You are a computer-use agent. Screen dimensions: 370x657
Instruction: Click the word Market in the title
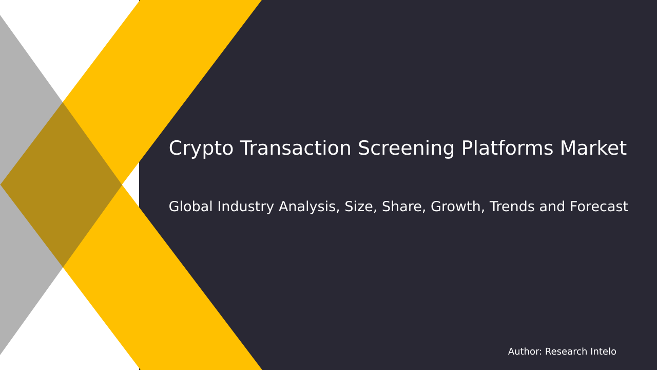click(x=593, y=149)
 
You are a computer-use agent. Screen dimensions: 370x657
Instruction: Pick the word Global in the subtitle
click(x=190, y=207)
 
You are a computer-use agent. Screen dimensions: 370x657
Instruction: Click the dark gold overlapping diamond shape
click(x=62, y=184)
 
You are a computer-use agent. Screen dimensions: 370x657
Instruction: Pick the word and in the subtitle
click(x=551, y=207)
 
